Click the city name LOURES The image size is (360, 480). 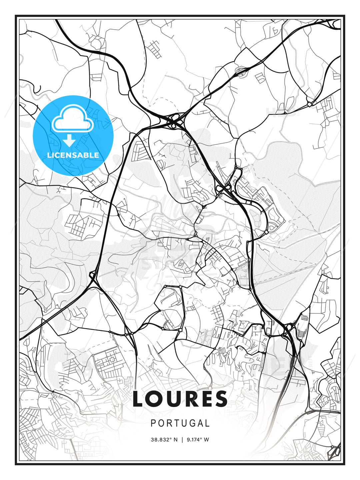tap(180, 399)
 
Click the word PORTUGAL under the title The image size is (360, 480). tap(180, 423)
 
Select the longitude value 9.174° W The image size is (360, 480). tap(198, 440)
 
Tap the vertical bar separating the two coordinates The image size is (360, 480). tap(182, 440)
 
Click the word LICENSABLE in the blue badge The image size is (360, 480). tap(73, 155)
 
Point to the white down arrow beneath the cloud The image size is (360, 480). tap(69, 140)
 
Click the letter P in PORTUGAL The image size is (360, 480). tap(153, 423)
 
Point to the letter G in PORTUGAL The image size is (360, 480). tap(189, 423)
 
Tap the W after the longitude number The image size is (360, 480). tap(207, 440)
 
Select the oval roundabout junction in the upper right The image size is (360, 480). tap(241, 70)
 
